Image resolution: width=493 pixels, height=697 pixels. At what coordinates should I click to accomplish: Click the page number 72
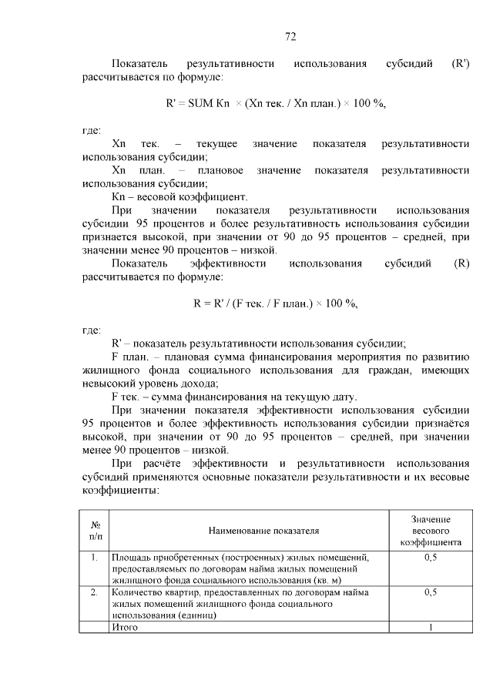pos(290,36)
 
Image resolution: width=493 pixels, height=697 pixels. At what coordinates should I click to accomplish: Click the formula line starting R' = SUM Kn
pos(275,104)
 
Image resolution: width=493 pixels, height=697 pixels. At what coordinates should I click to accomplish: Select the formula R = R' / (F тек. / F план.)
pos(275,303)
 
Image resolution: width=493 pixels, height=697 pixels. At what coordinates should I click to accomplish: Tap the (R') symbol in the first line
pos(461,63)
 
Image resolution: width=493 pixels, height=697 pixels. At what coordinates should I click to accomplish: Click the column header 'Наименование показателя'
pos(263,531)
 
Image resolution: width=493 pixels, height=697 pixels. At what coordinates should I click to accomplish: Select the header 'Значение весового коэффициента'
pos(431,531)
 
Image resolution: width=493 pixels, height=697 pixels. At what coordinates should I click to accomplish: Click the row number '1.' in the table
pos(93,557)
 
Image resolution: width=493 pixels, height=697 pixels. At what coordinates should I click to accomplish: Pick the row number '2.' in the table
pos(93,592)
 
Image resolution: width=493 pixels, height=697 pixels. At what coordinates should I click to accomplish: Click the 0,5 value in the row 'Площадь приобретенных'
pos(431,557)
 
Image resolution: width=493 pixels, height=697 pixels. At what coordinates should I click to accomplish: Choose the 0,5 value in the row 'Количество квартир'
pos(431,592)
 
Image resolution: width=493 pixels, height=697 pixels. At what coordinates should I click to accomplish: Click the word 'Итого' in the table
pos(124,628)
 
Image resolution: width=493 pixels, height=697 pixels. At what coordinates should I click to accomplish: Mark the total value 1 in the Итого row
pos(431,628)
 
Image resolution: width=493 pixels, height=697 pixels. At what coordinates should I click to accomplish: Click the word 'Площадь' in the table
pos(131,557)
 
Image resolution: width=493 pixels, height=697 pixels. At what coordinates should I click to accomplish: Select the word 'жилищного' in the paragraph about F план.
pos(107,370)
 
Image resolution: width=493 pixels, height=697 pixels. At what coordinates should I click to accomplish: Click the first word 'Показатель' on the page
pos(136,63)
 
